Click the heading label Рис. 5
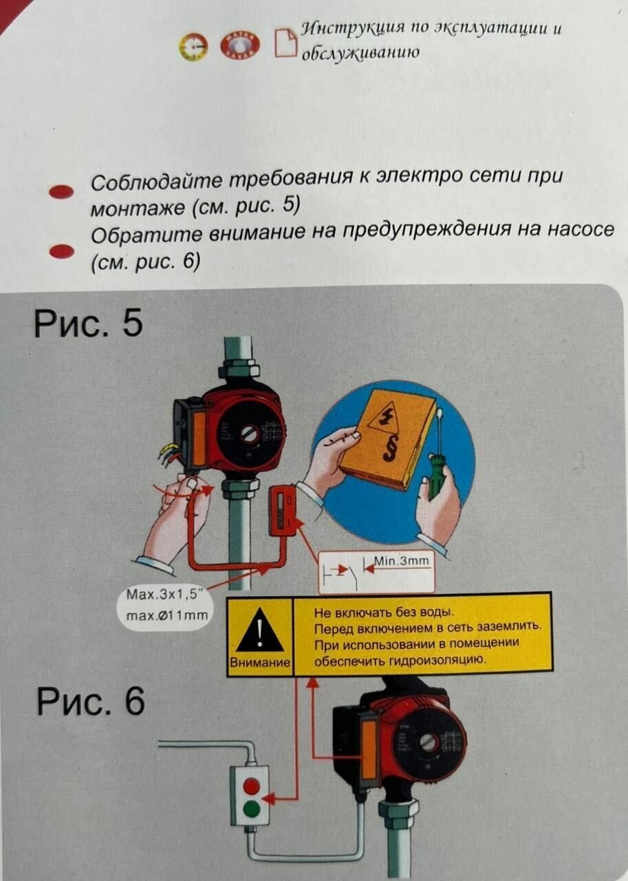pos(89,324)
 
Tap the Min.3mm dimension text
pos(401,560)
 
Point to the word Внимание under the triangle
pos(260,662)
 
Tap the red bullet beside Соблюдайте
pos(61,191)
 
